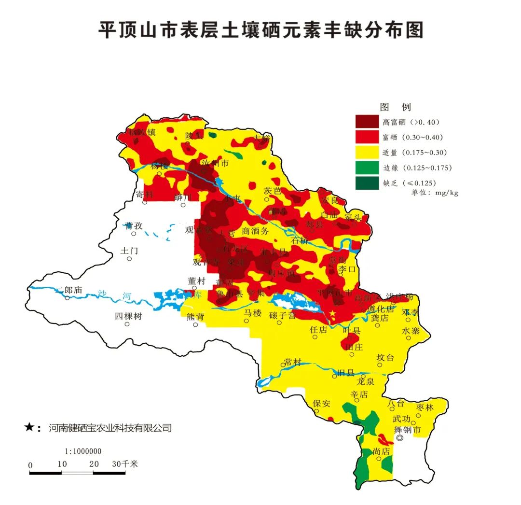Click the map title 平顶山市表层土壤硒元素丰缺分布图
click(260, 29)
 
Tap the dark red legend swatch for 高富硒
click(367, 121)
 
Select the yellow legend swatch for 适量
click(367, 152)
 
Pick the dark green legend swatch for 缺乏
click(367, 183)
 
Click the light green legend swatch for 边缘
click(367, 168)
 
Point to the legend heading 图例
click(395, 107)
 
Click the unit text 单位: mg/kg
click(434, 193)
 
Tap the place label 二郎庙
click(69, 290)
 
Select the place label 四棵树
click(128, 316)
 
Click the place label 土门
click(129, 251)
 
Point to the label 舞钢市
click(408, 429)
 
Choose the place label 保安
click(321, 403)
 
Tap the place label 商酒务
click(255, 231)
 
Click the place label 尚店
click(381, 451)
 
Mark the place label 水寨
click(411, 331)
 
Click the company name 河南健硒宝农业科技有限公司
click(110, 427)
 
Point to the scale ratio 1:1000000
click(83, 451)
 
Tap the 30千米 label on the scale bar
click(125, 464)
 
